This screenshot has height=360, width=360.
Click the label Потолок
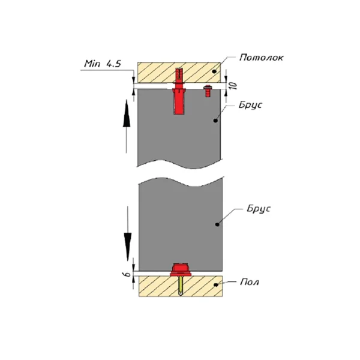[x=261, y=58]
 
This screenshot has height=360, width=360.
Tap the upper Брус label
[x=250, y=105]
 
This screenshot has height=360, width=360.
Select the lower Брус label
[x=259, y=209]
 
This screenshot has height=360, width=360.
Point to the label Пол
[x=250, y=282]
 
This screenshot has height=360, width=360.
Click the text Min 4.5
[x=103, y=64]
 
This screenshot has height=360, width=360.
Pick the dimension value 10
[x=233, y=86]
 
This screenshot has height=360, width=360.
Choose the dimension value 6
[x=126, y=274]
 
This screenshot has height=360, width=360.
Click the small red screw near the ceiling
[x=208, y=91]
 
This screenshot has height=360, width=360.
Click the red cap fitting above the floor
[x=181, y=269]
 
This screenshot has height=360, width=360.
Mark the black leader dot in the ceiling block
[x=214, y=71]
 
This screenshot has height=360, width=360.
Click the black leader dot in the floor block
[x=216, y=285]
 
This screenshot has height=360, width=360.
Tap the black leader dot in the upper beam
[x=215, y=121]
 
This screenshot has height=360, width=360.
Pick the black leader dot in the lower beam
[x=217, y=224]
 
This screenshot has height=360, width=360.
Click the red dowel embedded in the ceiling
[x=179, y=76]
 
